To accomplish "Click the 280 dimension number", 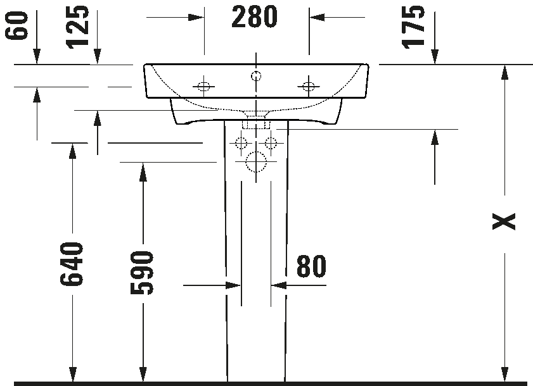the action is (254, 17).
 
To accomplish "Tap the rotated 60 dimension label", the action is (16, 25).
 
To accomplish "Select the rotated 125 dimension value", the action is (78, 27).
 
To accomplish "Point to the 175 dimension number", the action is (413, 27).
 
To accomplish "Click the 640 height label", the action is (72, 264).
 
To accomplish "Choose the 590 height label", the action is (142, 273).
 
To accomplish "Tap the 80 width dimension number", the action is (311, 266).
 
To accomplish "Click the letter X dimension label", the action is (504, 221).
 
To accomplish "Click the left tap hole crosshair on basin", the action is (203, 87).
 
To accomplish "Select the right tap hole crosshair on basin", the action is (308, 87).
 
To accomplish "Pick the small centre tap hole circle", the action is (256, 75).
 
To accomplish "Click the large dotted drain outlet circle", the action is (256, 161).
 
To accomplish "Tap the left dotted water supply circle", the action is (241, 143).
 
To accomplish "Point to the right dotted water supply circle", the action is (271, 143).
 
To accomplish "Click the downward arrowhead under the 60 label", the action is (37, 56).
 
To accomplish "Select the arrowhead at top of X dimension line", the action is (504, 72).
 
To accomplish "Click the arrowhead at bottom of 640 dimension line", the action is (72, 375).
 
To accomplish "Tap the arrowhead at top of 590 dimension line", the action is (143, 170).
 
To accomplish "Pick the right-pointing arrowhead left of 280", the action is (196, 17).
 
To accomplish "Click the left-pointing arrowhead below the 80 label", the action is (279, 285).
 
